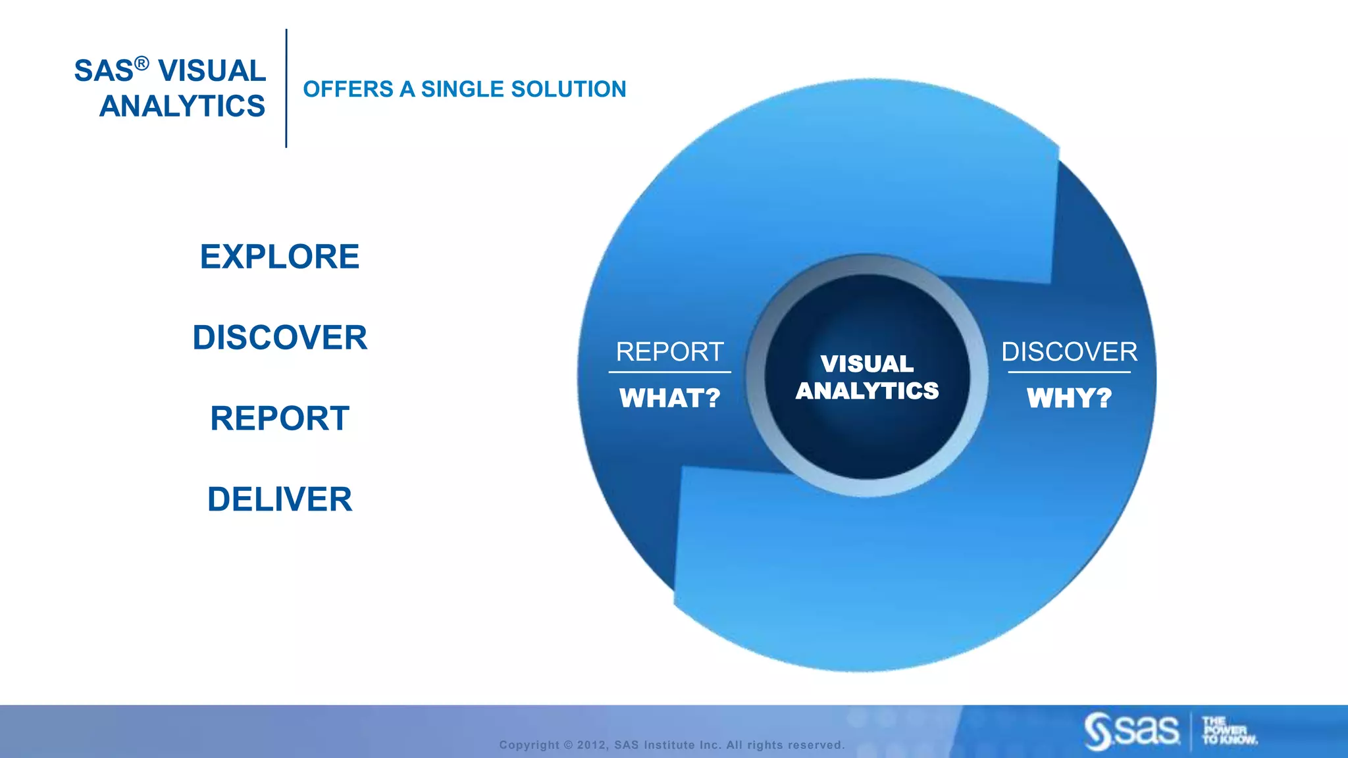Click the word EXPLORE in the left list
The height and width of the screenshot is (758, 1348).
coord(280,257)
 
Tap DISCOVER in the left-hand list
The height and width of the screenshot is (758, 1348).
coord(280,338)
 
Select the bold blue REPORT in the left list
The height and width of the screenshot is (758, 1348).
coord(280,418)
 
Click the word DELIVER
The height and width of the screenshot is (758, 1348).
coord(280,499)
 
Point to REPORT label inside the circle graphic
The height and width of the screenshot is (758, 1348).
coord(669,352)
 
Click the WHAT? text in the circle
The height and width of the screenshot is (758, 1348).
coord(669,398)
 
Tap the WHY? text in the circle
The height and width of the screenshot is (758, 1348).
coord(1069,398)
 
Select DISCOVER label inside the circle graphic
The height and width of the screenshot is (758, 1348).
coord(1069,352)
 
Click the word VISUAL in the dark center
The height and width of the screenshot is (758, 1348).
coord(867,364)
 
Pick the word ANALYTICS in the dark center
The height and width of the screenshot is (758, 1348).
coord(867,391)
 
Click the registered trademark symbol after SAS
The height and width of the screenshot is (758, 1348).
coord(142,63)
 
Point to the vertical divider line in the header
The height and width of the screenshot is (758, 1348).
coord(286,89)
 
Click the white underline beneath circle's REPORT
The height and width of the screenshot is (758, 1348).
coord(669,372)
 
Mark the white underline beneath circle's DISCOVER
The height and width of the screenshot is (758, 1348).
coord(1069,372)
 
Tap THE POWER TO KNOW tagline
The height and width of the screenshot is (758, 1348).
coord(1228,731)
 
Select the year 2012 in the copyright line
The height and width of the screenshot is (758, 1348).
coord(592,745)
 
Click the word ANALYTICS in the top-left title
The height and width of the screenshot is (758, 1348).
coord(182,106)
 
